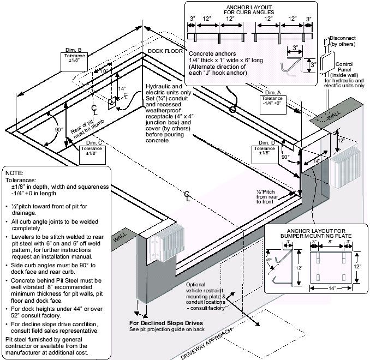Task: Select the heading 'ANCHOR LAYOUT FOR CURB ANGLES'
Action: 250,8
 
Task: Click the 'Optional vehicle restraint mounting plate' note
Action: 204,295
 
